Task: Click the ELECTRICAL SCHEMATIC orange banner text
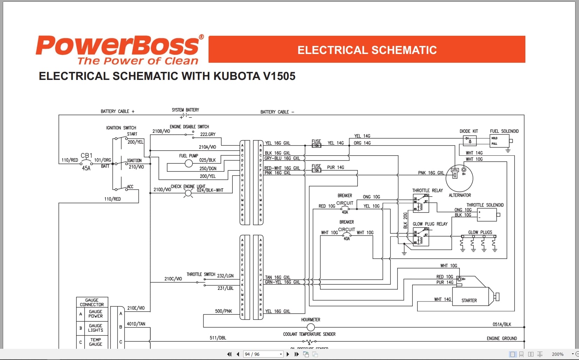pos(367,50)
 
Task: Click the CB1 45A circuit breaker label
pos(86,161)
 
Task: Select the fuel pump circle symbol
pos(189,163)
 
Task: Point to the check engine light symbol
pos(188,193)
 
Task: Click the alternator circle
pos(459,178)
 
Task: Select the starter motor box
pos(470,297)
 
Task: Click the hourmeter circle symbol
pos(311,327)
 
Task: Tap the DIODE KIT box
pos(470,141)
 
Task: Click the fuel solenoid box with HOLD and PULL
pos(499,141)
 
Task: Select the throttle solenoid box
pos(487,215)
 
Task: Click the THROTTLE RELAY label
pos(427,191)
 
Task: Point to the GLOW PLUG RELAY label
pos(430,224)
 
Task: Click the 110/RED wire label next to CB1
pos(70,160)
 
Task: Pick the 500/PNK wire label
pos(223,311)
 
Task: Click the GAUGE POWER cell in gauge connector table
pos(95,314)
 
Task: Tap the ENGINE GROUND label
pos(502,338)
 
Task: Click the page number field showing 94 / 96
pos(263,354)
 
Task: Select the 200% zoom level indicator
pos(558,354)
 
